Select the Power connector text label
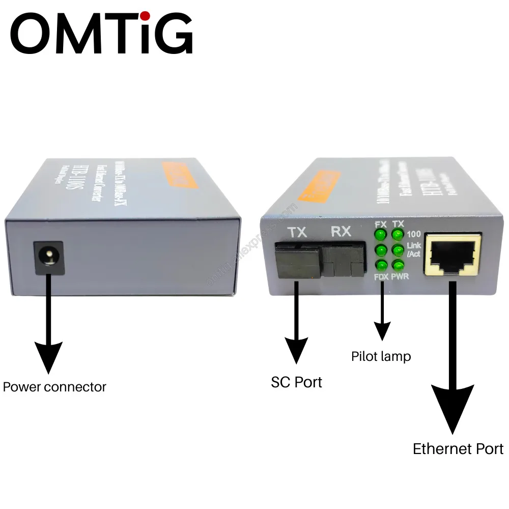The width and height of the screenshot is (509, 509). click(x=54, y=387)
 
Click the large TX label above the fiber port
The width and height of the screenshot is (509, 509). click(x=297, y=233)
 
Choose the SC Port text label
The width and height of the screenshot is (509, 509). click(x=296, y=382)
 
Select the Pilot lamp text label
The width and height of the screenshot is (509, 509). click(x=381, y=356)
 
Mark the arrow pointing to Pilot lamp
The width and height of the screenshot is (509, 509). click(x=381, y=316)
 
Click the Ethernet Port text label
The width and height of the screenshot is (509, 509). click(x=458, y=449)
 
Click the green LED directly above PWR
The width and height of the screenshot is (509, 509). click(x=398, y=265)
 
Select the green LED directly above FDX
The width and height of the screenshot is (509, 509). click(x=380, y=265)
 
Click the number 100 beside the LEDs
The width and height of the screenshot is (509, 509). click(x=413, y=235)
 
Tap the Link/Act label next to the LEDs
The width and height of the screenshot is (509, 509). click(x=414, y=250)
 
